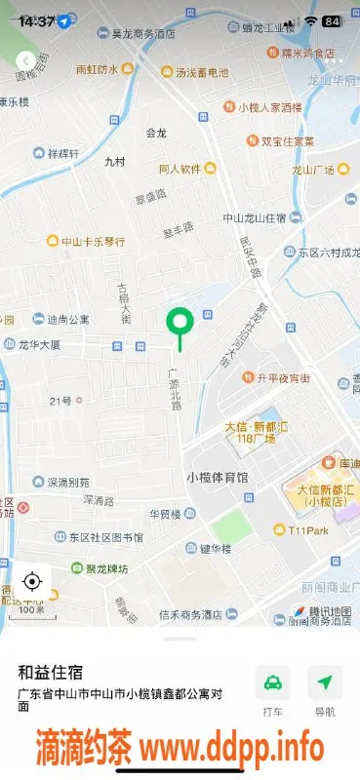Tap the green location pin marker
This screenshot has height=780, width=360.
pyautogui.click(x=179, y=322)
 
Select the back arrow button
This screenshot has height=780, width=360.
pyautogui.click(x=25, y=60)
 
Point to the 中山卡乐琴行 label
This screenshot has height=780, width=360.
pyautogui.click(x=93, y=242)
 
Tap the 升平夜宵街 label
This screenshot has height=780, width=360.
pyautogui.click(x=283, y=377)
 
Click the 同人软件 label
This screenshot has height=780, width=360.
pyautogui.click(x=180, y=169)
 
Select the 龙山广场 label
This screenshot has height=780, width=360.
pyautogui.click(x=313, y=171)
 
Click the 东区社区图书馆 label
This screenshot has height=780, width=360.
pyautogui.click(x=105, y=537)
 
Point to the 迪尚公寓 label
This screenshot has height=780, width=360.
pyautogui.click(x=67, y=319)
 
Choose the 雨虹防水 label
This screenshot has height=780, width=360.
pyautogui.click(x=97, y=70)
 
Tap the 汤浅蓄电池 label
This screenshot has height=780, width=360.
pyautogui.click(x=202, y=72)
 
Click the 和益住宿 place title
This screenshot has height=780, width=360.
pyautogui.click(x=51, y=672)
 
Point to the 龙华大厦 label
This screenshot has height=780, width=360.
pyautogui.click(x=39, y=345)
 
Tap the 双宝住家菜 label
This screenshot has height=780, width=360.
pyautogui.click(x=287, y=141)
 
